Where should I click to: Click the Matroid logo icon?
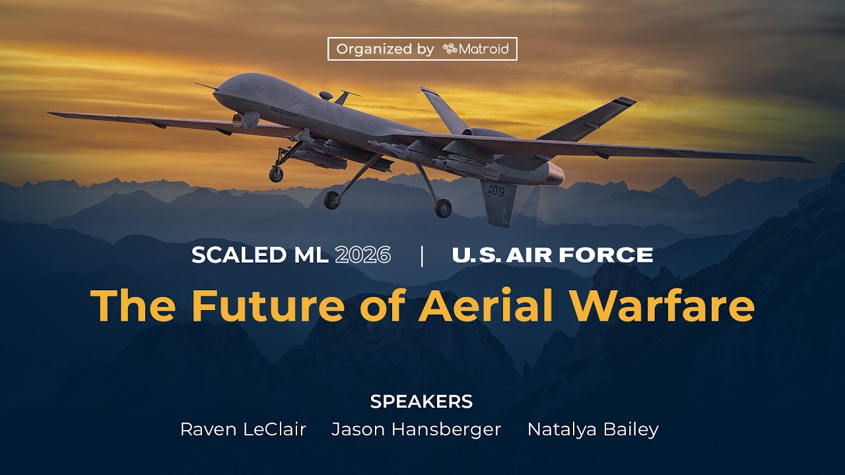pyautogui.click(x=450, y=49)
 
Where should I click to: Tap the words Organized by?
pyautogui.click(x=385, y=49)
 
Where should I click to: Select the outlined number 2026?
pyautogui.click(x=362, y=255)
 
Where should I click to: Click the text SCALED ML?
pyautogui.click(x=259, y=255)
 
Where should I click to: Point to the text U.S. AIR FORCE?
pyautogui.click(x=552, y=255)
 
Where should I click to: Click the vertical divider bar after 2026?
pyautogui.click(x=422, y=255)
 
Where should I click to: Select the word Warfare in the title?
pyautogui.click(x=663, y=305)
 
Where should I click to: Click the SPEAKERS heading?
pyautogui.click(x=421, y=401)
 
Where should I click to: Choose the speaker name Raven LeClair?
pyautogui.click(x=243, y=429)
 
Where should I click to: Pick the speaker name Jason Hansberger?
pyautogui.click(x=416, y=429)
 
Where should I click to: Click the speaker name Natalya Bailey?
pyautogui.click(x=593, y=429)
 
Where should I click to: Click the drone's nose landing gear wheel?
pyautogui.click(x=276, y=174)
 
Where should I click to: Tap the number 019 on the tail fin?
pyautogui.click(x=496, y=191)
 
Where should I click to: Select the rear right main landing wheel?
pyautogui.click(x=443, y=208)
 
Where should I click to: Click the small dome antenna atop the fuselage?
pyautogui.click(x=326, y=96)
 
